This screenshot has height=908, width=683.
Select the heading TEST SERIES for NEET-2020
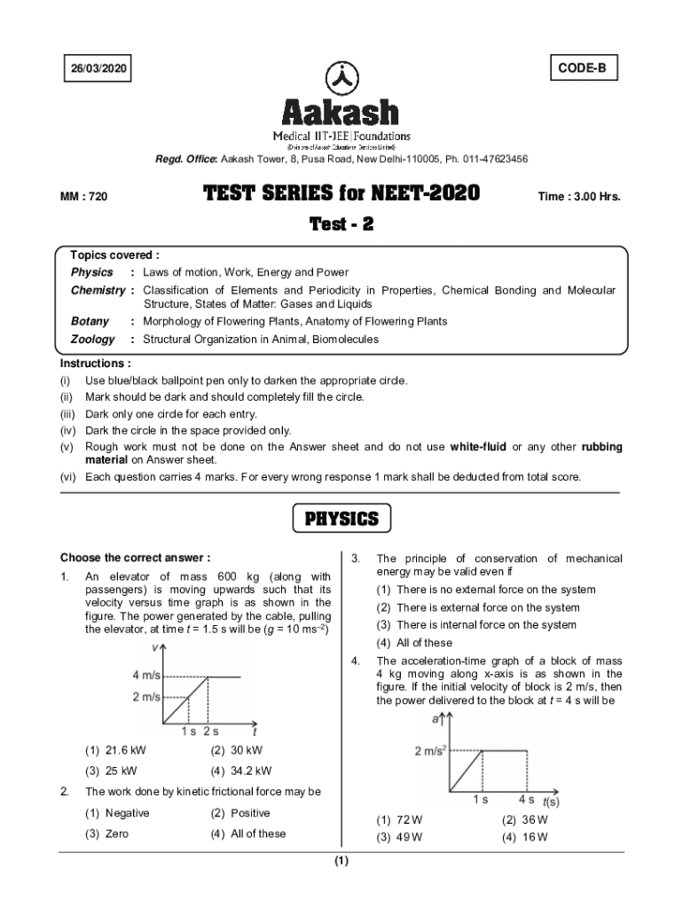(341, 193)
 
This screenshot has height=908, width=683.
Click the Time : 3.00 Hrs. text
(579, 196)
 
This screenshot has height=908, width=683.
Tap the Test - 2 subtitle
(341, 224)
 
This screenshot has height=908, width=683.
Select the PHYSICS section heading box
(341, 519)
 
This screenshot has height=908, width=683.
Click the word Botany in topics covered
(90, 321)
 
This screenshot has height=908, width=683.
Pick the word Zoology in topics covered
(93, 339)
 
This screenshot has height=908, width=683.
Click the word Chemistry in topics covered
(98, 290)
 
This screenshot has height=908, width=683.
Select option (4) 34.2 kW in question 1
(241, 771)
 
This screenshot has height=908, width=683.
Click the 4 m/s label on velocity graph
(146, 677)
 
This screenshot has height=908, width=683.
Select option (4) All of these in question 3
(414, 643)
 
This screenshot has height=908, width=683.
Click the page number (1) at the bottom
(341, 861)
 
